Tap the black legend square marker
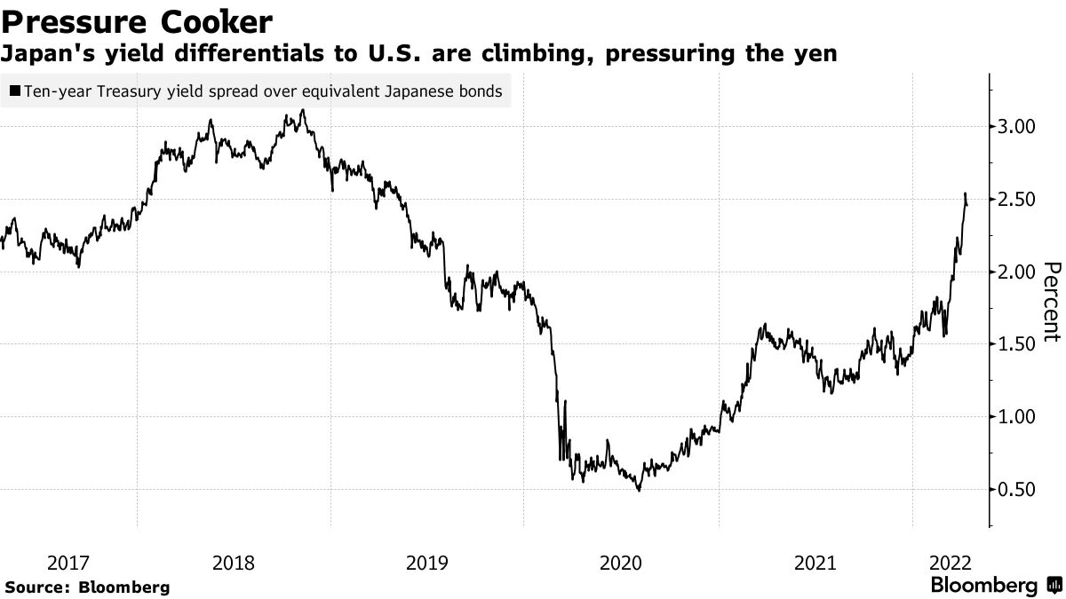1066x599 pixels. point(15,91)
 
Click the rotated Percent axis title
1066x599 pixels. point(1051,302)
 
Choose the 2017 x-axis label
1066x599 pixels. point(68,563)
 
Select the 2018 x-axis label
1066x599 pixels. point(235,563)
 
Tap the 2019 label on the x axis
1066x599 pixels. point(428,563)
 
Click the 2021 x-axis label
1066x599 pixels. point(815,563)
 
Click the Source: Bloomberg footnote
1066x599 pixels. point(87,587)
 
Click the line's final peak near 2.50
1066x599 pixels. point(966,193)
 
